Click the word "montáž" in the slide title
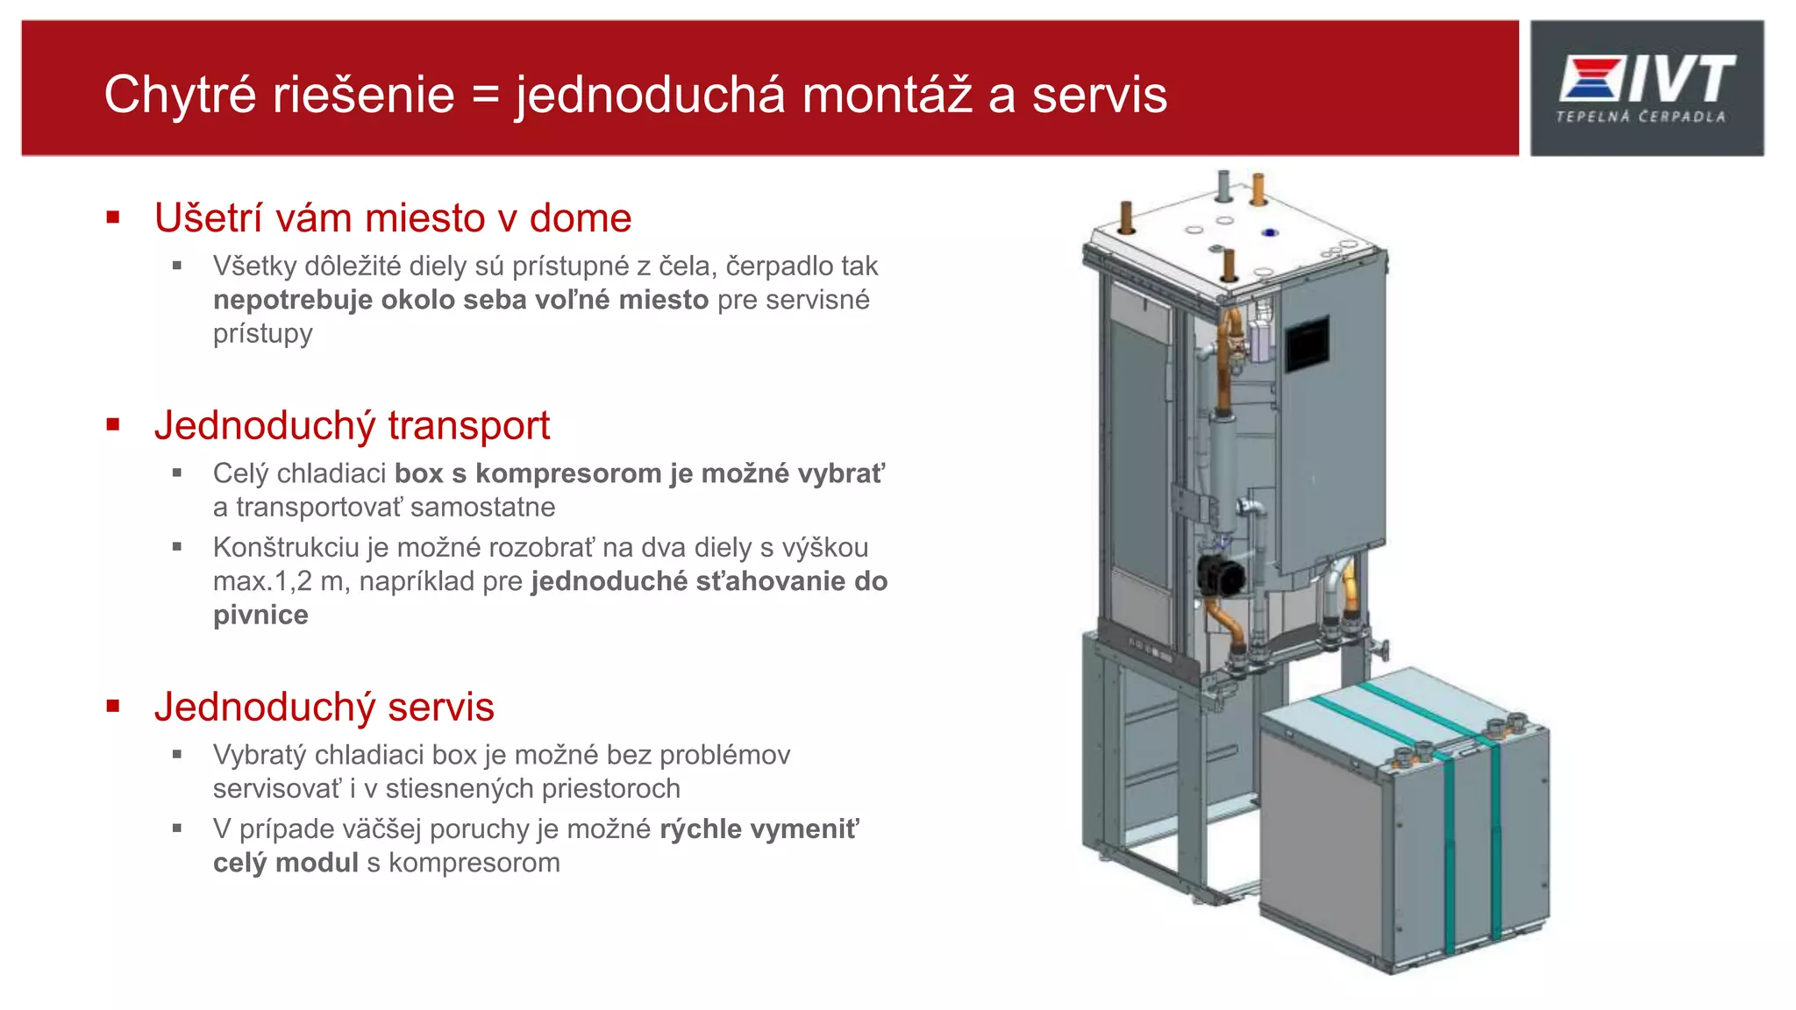887,95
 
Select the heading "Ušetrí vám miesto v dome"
393,218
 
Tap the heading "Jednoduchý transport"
352,426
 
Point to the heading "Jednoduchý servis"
324,708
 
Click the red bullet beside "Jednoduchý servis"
113,707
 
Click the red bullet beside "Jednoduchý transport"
113,425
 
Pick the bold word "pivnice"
260,615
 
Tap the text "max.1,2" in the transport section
255,582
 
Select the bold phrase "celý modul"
286,864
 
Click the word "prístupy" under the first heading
262,334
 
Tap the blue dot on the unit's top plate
1269,232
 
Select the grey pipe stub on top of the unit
1224,185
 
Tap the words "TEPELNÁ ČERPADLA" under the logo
1640,117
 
